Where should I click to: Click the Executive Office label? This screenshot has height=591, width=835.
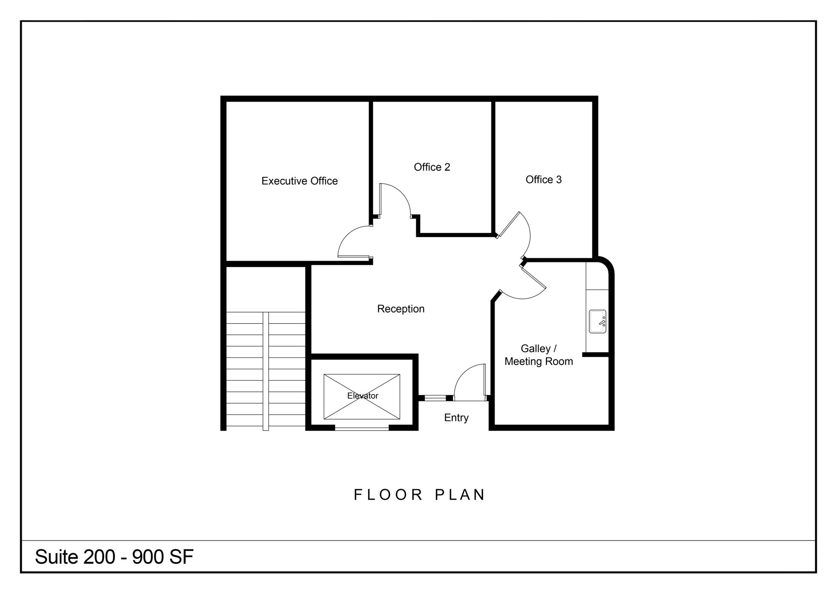pos(299,181)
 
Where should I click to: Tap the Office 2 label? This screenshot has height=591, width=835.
pos(432,167)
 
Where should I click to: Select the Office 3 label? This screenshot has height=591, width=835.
pos(544,180)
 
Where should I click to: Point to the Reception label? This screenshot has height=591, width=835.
pos(401,309)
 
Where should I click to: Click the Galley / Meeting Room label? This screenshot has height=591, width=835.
pos(539,355)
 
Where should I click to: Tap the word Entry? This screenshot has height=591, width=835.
pos(456,418)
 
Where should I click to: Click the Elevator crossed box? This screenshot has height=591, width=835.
pos(362,397)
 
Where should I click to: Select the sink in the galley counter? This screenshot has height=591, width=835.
pos(597,321)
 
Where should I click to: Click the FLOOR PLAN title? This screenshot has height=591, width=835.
pos(419,495)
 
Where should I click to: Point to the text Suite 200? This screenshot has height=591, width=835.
pos(75,557)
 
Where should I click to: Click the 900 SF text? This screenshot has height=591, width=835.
pos(163,557)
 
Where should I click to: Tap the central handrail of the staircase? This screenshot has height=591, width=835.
pos(266,371)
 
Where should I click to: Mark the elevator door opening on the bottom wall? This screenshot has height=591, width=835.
pos(362,428)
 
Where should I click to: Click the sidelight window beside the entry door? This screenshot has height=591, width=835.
pos(435,398)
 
